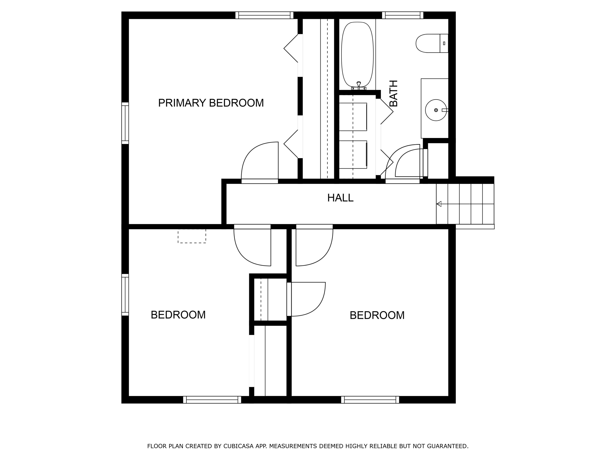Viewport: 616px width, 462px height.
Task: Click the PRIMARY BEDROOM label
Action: click(211, 103)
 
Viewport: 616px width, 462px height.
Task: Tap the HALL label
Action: click(340, 198)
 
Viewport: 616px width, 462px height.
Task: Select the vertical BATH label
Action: click(393, 93)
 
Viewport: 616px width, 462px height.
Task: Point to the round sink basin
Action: click(436, 110)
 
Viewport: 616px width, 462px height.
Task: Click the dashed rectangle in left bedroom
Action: click(192, 236)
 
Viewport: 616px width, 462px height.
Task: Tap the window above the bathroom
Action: click(402, 15)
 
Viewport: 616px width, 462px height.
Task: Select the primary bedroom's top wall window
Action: click(264, 15)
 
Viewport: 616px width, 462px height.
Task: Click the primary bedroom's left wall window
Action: click(125, 123)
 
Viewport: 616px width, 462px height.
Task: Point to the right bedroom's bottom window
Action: click(370, 400)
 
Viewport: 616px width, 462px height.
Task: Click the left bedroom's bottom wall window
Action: click(212, 400)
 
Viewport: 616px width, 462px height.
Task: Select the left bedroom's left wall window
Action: click(125, 295)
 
